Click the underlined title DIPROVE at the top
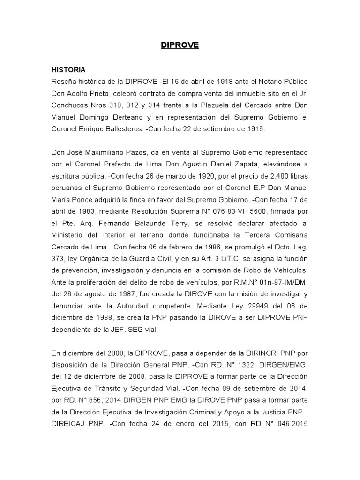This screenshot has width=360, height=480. click(180, 45)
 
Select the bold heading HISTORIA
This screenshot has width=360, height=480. click(68, 70)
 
